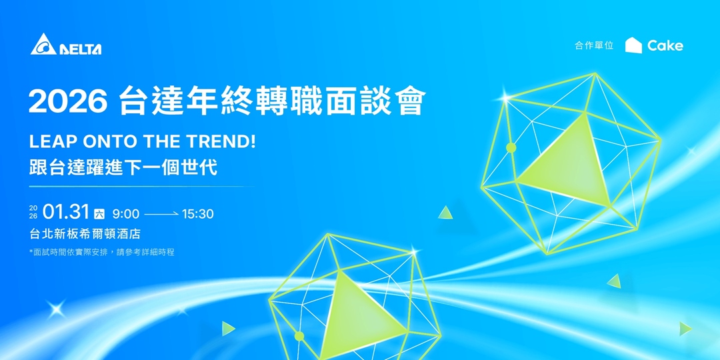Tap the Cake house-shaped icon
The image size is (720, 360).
pyautogui.click(x=633, y=45)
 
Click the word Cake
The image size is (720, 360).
pyautogui.click(x=665, y=45)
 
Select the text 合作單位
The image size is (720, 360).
pyautogui.click(x=594, y=46)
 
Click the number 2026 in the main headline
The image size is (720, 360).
pyautogui.click(x=68, y=101)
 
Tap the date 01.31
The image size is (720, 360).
pyautogui.click(x=66, y=213)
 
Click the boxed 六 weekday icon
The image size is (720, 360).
pyautogui.click(x=99, y=214)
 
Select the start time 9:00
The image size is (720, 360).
pyautogui.click(x=125, y=214)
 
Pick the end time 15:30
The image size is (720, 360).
pyautogui.click(x=197, y=214)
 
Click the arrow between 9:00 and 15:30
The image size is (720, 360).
pyautogui.click(x=161, y=214)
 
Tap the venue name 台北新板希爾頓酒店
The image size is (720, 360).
pyautogui.click(x=85, y=234)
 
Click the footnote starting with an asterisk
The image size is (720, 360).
pyautogui.click(x=102, y=252)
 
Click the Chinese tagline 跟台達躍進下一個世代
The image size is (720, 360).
pyautogui.click(x=123, y=167)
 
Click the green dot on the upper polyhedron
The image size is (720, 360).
pyautogui.click(x=511, y=147)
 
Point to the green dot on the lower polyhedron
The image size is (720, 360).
pyautogui.click(x=299, y=336)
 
